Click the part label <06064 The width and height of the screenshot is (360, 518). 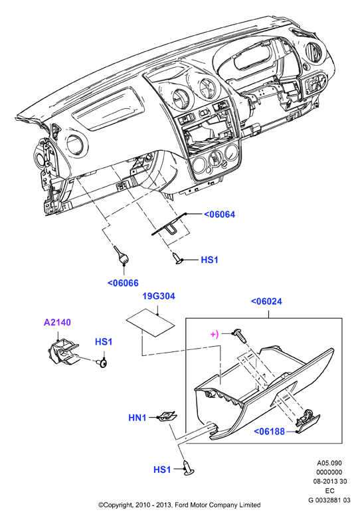coord(219,215)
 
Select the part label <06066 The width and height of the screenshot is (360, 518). coord(123,283)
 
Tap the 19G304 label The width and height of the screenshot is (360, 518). coord(159,296)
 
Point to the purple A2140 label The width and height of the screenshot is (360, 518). coord(58,322)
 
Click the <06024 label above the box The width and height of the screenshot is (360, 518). coord(266,302)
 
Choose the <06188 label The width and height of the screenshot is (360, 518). coord(269,432)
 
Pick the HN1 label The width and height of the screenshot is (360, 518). coord(137,418)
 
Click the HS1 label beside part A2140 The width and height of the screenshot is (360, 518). coord(104,341)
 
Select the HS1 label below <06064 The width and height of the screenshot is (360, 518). coord(209,260)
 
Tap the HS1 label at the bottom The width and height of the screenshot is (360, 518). coord(162,470)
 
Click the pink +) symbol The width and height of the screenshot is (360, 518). coord(215,334)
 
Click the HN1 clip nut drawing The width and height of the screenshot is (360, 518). coord(167,416)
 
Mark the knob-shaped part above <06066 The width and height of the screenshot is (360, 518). coord(121,256)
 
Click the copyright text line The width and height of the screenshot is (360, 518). coord(179,505)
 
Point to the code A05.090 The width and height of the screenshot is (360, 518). coord(329,463)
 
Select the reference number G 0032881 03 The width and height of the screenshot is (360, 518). coord(329,500)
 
